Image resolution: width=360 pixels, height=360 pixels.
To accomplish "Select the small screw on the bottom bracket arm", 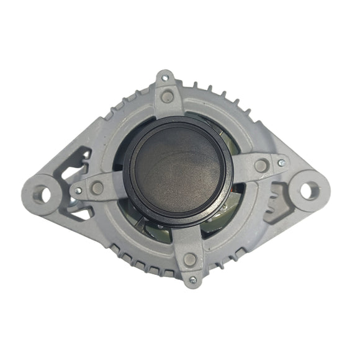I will coord(192,280).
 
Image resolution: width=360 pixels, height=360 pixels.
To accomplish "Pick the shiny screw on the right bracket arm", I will coord(282,162).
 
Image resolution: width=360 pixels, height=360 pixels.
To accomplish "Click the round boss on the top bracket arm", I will coord(166,96).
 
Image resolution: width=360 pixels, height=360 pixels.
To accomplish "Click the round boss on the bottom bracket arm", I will coord(190,259).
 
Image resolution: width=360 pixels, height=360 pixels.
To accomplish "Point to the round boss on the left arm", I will coord(97,187).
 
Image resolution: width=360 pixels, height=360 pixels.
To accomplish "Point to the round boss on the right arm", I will coord(261,165).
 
